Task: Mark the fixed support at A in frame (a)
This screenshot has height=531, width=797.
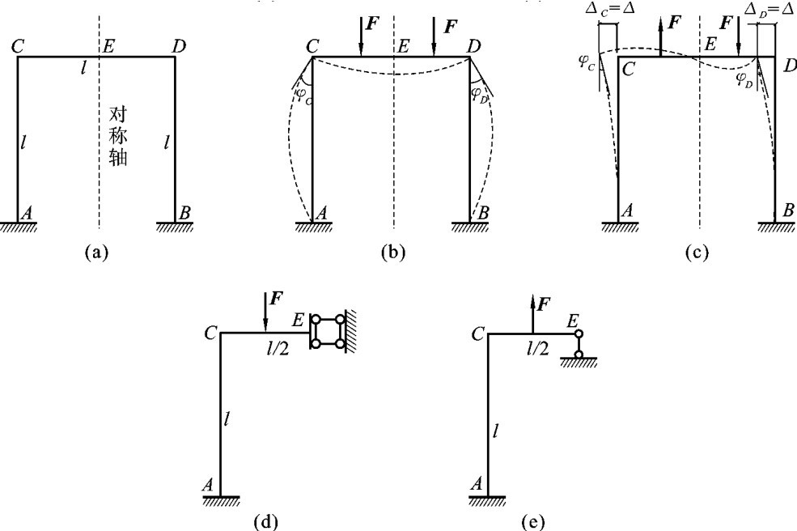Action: click(x=18, y=225)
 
